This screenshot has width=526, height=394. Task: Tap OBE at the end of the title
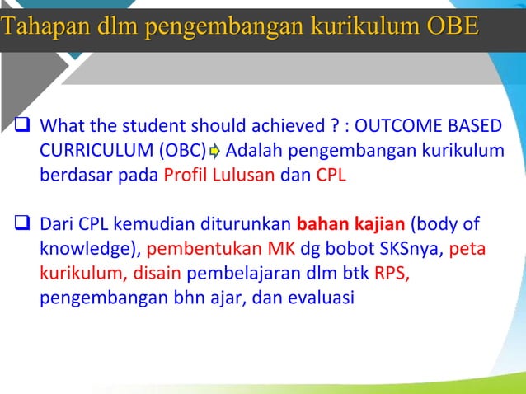click(452, 26)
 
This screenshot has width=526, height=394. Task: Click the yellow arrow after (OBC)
click(214, 152)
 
